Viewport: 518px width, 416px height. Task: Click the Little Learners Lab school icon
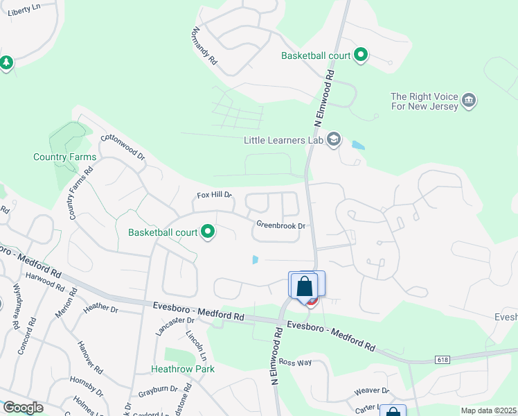(334, 140)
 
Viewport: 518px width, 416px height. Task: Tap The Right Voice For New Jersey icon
(469, 101)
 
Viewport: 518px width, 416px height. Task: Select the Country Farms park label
(65, 157)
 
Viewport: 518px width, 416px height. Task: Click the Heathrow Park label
(184, 369)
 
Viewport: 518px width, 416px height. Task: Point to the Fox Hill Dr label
(214, 196)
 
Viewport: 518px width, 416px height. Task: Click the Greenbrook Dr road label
(280, 225)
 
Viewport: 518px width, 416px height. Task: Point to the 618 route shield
(442, 359)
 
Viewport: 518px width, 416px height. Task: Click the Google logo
(22, 408)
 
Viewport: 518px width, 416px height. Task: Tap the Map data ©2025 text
(488, 410)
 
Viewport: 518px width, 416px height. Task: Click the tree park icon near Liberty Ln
(6, 63)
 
